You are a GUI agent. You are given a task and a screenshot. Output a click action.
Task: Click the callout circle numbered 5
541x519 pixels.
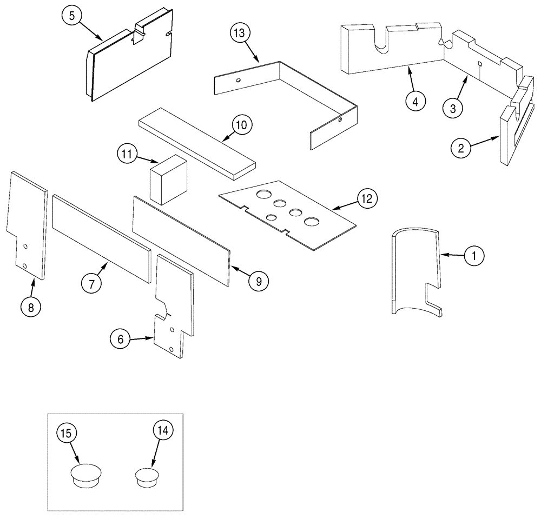click(71, 16)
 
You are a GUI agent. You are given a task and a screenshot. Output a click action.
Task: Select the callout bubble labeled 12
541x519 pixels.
click(367, 199)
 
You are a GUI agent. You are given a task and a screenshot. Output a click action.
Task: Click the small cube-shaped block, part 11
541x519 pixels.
click(167, 178)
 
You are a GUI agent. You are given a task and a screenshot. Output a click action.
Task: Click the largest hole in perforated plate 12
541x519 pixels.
click(311, 222)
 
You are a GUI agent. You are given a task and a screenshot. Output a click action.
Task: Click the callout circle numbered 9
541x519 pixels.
click(259, 281)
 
